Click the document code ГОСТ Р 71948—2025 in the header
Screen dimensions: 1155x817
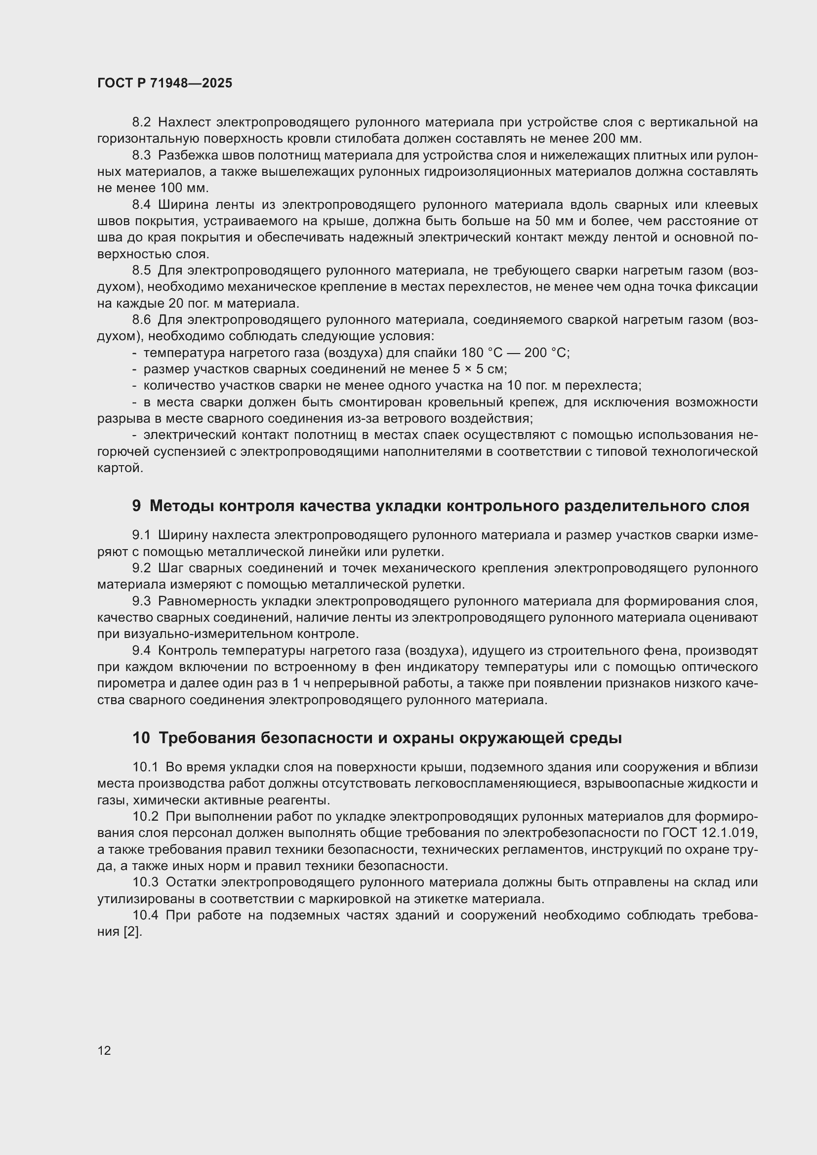pos(164,83)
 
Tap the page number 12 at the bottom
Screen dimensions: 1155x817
pos(104,1050)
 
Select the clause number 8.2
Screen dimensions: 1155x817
pos(141,122)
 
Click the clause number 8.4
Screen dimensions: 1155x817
pos(141,205)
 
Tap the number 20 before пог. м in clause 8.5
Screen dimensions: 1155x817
pos(172,304)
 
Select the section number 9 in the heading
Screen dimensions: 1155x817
pos(136,506)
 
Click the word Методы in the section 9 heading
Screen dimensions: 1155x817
pos(182,506)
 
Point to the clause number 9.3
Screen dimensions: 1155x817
pos(141,601)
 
